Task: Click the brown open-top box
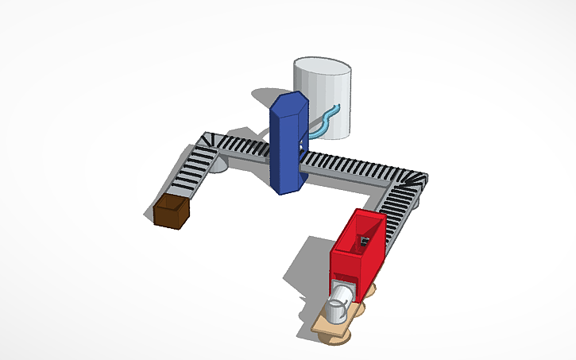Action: pos(172,211)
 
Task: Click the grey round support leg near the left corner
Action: pos(218,165)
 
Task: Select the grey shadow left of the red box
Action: pos(306,270)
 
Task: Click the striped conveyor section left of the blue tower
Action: pos(246,146)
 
